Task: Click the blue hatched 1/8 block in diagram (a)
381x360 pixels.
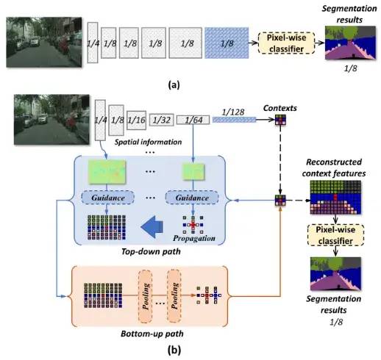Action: pyautogui.click(x=227, y=43)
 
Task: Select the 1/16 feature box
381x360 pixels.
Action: pyautogui.click(x=137, y=120)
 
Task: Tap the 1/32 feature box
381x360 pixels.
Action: pyautogui.click(x=162, y=120)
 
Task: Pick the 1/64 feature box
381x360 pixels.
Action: pyautogui.click(x=193, y=120)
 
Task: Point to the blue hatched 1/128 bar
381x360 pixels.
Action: pyautogui.click(x=234, y=120)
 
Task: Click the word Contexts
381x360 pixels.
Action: pyautogui.click(x=280, y=108)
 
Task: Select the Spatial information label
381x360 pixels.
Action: pyautogui.click(x=149, y=142)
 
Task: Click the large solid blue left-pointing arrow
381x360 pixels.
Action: pyautogui.click(x=152, y=227)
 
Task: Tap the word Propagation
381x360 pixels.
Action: pyautogui.click(x=194, y=238)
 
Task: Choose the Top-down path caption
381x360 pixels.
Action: pyautogui.click(x=151, y=251)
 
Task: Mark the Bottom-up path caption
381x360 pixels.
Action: pyautogui.click(x=152, y=334)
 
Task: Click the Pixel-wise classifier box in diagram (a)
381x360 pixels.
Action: pyautogui.click(x=286, y=43)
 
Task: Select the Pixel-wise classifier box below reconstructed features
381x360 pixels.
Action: pyautogui.click(x=335, y=235)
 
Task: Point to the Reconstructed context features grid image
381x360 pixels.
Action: pyautogui.click(x=335, y=198)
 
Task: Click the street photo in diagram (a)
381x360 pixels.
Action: pyautogui.click(x=44, y=42)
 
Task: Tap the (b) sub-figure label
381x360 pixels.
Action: pyautogui.click(x=174, y=350)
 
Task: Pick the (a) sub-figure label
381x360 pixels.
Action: pyautogui.click(x=174, y=84)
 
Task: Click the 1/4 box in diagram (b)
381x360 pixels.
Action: pyautogui.click(x=100, y=120)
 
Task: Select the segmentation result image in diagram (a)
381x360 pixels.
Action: pyautogui.click(x=350, y=43)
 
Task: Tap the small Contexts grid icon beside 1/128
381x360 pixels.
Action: pyautogui.click(x=280, y=120)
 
